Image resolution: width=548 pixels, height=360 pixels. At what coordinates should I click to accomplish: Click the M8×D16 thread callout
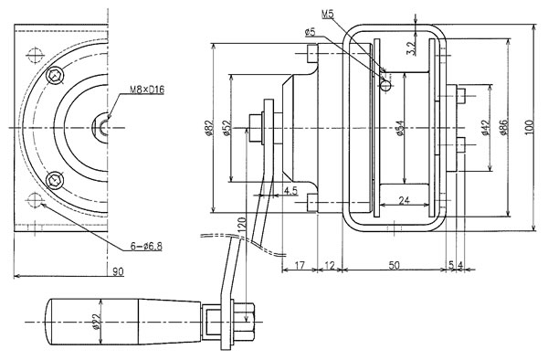[x=147, y=90]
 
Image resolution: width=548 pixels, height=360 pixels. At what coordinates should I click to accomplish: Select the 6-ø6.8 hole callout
[x=146, y=247]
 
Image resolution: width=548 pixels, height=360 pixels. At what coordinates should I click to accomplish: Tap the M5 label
[x=328, y=15]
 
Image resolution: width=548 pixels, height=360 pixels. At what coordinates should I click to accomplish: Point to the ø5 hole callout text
[x=311, y=33]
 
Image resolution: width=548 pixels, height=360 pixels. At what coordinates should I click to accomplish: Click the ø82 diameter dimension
[x=208, y=128]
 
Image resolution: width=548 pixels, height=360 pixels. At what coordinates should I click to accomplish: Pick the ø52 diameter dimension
[x=227, y=128]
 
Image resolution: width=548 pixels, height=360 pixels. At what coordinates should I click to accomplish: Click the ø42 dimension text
[x=484, y=128]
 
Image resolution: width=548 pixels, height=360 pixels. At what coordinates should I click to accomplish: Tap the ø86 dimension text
[x=504, y=128]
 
